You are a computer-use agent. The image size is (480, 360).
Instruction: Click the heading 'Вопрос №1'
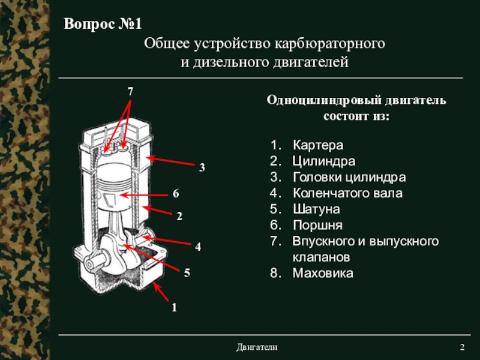[103, 25]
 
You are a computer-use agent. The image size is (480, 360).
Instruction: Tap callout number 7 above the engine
[130, 91]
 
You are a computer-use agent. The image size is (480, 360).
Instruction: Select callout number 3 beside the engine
[202, 168]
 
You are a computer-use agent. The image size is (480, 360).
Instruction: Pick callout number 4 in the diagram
[197, 247]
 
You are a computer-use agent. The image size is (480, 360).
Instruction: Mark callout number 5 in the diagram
[187, 273]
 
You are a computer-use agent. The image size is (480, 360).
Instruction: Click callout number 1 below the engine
[174, 307]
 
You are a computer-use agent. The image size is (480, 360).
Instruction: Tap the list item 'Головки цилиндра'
[349, 178]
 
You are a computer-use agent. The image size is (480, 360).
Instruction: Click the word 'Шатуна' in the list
[316, 210]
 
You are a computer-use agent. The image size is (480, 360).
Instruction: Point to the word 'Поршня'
[317, 226]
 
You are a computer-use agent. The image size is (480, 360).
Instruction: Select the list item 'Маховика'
[323, 273]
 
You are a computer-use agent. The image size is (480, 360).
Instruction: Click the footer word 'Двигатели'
[257, 348]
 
